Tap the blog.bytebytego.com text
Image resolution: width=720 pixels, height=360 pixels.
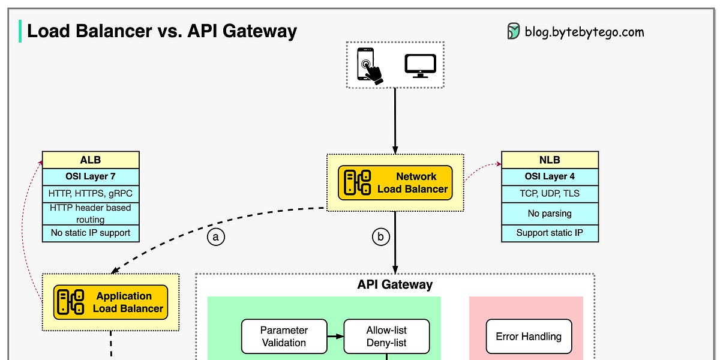tap(584, 31)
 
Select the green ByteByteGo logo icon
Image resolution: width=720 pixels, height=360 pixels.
tap(514, 31)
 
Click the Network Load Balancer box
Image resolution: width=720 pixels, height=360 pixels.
tap(395, 182)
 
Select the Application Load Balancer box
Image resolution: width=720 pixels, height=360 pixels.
tap(110, 302)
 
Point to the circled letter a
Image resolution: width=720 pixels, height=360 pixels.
tap(216, 237)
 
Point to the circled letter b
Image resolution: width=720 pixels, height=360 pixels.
tap(380, 237)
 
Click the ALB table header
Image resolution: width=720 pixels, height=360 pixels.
tap(91, 160)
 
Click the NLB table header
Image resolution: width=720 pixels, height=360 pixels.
tap(550, 160)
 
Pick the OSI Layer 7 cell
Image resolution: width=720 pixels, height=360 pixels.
tap(91, 177)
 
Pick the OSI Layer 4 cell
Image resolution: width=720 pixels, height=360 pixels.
tap(550, 177)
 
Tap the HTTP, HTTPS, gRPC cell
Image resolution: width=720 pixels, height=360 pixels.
tap(91, 194)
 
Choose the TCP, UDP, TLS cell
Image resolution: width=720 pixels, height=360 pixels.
tap(550, 194)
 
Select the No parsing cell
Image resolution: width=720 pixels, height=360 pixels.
tap(550, 213)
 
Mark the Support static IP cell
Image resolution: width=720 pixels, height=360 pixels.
tap(550, 233)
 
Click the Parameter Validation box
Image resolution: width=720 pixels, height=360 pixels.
tap(284, 337)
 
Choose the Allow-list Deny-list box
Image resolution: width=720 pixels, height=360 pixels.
tap(386, 337)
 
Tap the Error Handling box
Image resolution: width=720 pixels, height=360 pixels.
tap(529, 337)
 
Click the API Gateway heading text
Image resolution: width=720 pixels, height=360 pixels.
tap(395, 284)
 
